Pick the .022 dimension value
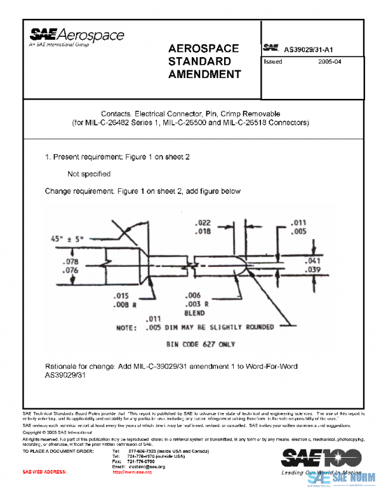tap(203, 223)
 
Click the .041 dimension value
tap(313, 261)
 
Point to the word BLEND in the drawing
tap(194, 313)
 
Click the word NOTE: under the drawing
tap(125, 328)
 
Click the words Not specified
tap(89, 174)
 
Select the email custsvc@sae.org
tap(147, 467)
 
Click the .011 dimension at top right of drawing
tap(298, 223)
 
